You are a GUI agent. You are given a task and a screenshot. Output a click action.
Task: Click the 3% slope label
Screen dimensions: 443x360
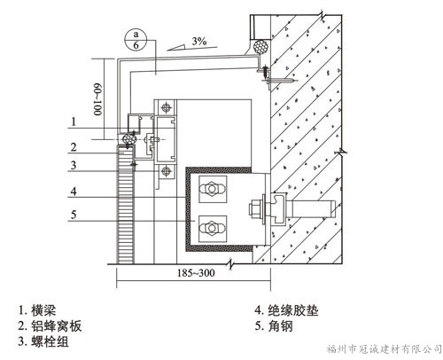pyautogui.click(x=199, y=41)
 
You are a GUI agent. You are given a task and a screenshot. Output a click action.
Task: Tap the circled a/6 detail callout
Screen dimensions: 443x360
pyautogui.click(x=136, y=40)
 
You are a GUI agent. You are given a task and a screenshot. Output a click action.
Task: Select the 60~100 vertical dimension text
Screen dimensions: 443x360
pyautogui.click(x=97, y=99)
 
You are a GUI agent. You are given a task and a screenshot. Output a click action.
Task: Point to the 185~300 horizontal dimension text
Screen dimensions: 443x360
pyautogui.click(x=196, y=273)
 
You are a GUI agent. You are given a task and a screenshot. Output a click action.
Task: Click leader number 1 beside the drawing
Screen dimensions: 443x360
pyautogui.click(x=74, y=121)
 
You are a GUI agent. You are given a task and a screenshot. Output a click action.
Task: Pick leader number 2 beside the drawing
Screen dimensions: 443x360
pyautogui.click(x=74, y=147)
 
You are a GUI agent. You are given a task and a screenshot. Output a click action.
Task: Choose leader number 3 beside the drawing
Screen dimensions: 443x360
pyautogui.click(x=74, y=165)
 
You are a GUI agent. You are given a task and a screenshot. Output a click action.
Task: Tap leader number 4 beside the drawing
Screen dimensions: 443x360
pyautogui.click(x=74, y=192)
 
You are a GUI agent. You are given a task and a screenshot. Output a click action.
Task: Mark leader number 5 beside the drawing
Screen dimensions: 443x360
pyautogui.click(x=74, y=215)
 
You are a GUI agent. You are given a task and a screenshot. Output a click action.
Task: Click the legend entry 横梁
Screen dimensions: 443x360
pyautogui.click(x=36, y=310)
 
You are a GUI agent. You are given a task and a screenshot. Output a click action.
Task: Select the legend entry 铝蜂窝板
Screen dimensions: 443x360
pyautogui.click(x=50, y=326)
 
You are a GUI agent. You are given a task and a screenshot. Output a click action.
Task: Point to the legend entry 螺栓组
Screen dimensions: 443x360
pyautogui.click(x=43, y=341)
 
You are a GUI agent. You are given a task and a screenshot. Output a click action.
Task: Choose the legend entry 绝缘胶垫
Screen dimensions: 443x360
pyautogui.click(x=286, y=310)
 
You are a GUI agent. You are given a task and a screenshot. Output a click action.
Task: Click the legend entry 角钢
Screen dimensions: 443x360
pyautogui.click(x=274, y=326)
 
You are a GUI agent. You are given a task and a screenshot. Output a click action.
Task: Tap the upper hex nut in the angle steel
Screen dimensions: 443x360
pyautogui.click(x=212, y=189)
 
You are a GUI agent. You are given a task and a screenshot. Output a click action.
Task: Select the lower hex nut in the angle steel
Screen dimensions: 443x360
pyautogui.click(x=212, y=228)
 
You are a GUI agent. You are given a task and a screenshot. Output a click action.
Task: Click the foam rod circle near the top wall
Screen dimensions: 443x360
pyautogui.click(x=260, y=47)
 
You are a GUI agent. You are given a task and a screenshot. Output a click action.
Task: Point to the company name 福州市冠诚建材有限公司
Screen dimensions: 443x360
pyautogui.click(x=384, y=349)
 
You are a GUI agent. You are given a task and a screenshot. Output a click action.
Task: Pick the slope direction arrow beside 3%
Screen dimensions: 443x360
pyautogui.click(x=176, y=47)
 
